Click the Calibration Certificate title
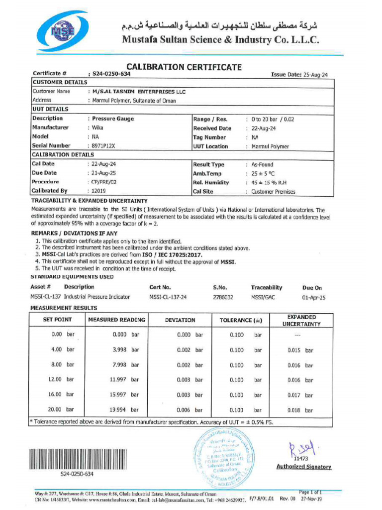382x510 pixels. pos(184,67)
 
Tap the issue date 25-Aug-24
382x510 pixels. pos(314,74)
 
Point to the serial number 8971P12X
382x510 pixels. pos(104,146)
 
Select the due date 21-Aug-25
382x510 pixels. pos(104,173)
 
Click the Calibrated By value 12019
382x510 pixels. pos(99,191)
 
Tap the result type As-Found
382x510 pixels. pos(262,164)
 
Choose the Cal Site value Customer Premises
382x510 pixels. pos(273,191)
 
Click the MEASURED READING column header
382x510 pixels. pos(116,320)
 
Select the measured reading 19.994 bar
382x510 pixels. pos(124,410)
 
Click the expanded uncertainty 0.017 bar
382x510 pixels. pos(300,395)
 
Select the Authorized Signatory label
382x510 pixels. pos(303,467)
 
